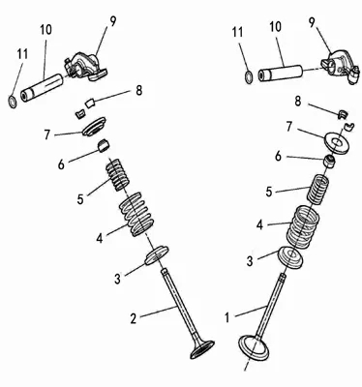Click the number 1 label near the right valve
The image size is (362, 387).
pos(227,317)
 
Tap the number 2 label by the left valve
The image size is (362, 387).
pos(134,318)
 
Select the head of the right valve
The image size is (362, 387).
pos(254,348)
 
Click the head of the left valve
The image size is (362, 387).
pos(202,349)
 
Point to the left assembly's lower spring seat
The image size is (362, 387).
pos(157,255)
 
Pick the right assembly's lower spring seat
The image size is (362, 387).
pos(290,256)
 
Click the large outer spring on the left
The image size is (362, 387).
pos(136,214)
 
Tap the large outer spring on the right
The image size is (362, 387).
pos(303,227)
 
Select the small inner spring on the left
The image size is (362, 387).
pos(118,174)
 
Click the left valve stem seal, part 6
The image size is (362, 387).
pos(104,146)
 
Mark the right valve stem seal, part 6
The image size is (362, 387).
pos(330,161)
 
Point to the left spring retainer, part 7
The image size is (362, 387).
pos(94,127)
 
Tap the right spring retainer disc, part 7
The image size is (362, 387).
pos(337,142)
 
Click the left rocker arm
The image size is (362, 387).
pos(86,66)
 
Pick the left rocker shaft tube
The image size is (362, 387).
pos(43,88)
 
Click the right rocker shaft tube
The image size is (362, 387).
pos(281,74)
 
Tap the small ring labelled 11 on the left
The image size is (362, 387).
pos(13,102)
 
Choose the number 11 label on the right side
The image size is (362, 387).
pos(238,33)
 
